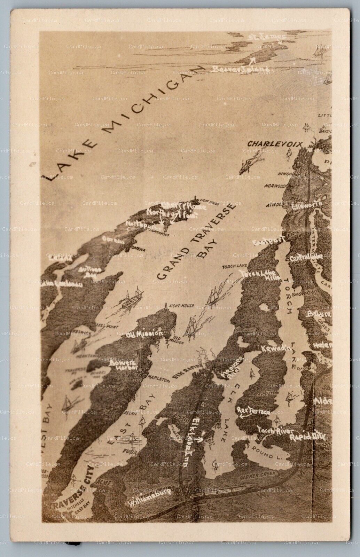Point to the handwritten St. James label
[267, 37]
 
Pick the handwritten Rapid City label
[307, 436]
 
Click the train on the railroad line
[219, 492]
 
